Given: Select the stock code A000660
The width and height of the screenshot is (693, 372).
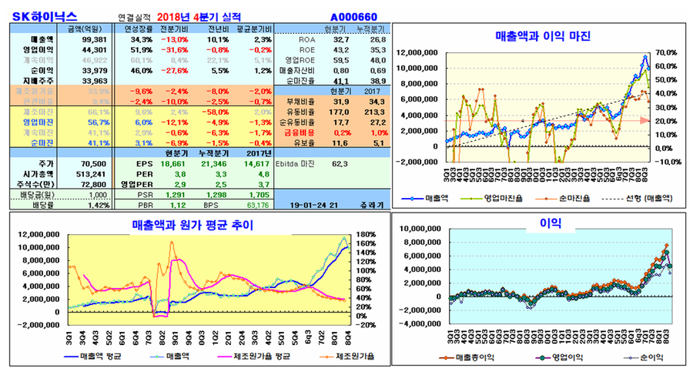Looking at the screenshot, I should coord(354,15).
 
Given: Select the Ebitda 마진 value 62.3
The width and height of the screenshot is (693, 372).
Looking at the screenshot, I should coord(340,164).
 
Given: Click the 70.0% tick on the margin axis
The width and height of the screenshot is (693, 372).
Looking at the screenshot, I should coord(667,52).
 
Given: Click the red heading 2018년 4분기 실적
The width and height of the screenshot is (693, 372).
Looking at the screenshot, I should coord(198,15).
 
